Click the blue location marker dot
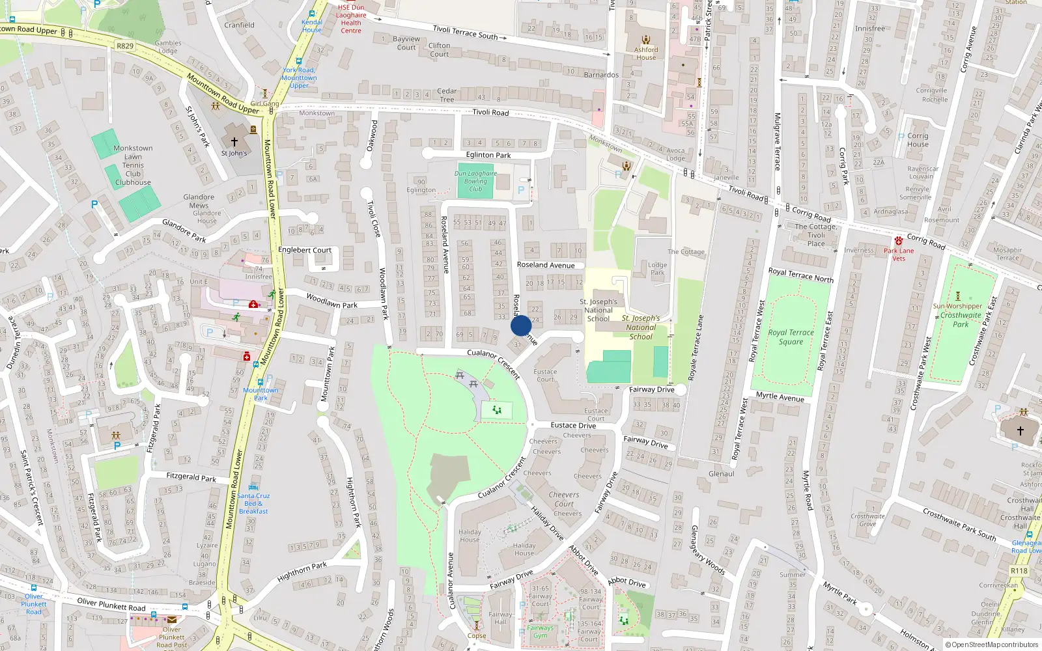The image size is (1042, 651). (x=520, y=325)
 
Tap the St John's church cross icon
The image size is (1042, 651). (x=234, y=141)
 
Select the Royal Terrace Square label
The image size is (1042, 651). (x=791, y=337)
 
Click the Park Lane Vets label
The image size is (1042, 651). (x=899, y=255)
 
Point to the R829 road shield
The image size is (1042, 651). (x=125, y=46)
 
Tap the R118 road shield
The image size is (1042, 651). (x=1019, y=571)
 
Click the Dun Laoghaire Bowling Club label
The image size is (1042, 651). (x=475, y=181)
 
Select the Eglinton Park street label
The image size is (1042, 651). (x=488, y=155)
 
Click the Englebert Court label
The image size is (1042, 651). (x=305, y=250)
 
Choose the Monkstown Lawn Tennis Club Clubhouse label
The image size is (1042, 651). (x=133, y=165)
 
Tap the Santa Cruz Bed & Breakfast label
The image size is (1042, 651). (x=253, y=503)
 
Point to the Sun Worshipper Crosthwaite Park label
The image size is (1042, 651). (x=959, y=314)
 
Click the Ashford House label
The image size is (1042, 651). (x=646, y=53)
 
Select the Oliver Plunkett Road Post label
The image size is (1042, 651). (x=171, y=637)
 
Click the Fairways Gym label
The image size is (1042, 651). (x=541, y=631)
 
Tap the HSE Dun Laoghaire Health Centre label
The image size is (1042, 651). (x=351, y=19)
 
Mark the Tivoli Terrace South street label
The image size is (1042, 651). (x=465, y=32)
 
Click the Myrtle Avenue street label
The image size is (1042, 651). (x=780, y=396)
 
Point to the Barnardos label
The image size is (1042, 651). (x=601, y=75)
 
